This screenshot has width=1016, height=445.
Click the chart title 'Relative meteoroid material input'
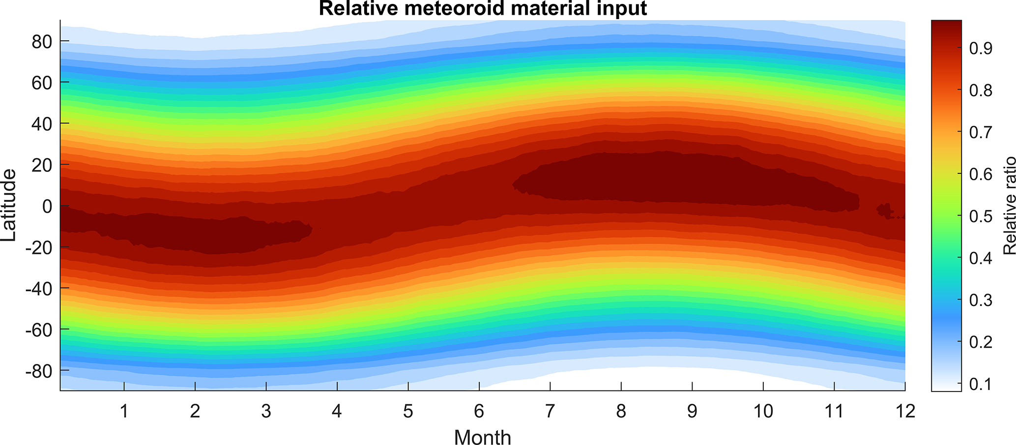(x=483, y=8)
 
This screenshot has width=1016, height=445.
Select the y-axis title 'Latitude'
(x=9, y=205)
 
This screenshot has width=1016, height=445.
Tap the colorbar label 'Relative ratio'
(x=1008, y=205)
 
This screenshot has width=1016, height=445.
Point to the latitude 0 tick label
(x=47, y=206)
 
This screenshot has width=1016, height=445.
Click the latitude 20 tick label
(x=42, y=166)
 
